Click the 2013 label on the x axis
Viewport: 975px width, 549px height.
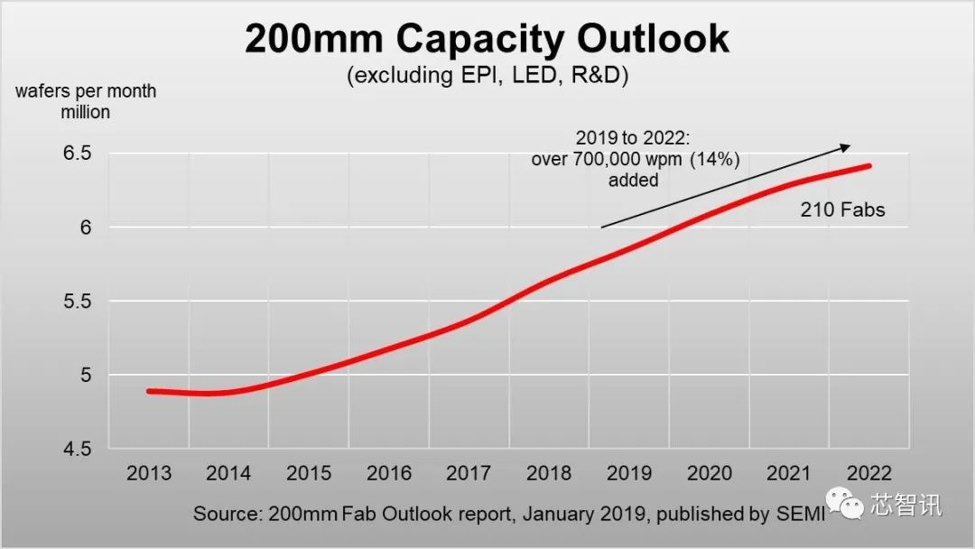[x=149, y=473]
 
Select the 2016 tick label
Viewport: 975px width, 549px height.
[x=388, y=473]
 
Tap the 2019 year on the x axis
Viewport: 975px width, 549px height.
[x=629, y=473]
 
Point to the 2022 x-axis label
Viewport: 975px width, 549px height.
[x=868, y=473]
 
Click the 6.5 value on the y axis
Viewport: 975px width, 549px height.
[x=78, y=154]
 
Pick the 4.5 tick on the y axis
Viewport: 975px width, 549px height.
[x=78, y=449]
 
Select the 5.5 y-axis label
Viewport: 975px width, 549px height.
[x=78, y=302]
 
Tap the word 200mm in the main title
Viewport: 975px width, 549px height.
[x=312, y=39]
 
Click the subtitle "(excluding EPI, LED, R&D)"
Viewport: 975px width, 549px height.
[x=487, y=75]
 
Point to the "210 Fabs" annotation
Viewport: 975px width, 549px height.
[x=842, y=210]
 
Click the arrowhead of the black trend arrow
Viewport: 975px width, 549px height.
[x=846, y=145]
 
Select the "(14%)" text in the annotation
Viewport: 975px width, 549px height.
[x=720, y=160]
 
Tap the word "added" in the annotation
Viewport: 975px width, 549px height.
[x=632, y=180]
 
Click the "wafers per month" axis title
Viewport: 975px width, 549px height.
[x=86, y=91]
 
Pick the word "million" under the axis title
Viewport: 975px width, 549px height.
[x=86, y=112]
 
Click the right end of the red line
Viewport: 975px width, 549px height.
[x=870, y=165]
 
